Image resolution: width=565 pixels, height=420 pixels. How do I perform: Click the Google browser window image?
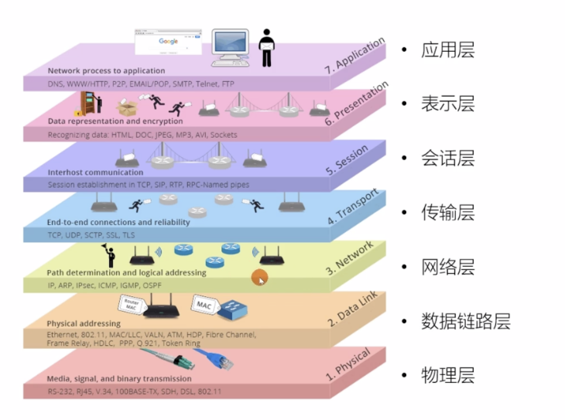coord(168,42)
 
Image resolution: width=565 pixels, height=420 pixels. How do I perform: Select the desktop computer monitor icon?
coord(230,47)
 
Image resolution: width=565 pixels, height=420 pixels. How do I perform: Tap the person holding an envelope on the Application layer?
coord(267,48)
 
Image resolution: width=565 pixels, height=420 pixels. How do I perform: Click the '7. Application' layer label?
coord(355,55)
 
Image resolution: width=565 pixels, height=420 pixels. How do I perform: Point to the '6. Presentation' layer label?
coord(356,103)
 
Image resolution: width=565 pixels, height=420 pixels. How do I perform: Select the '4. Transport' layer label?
coord(353,207)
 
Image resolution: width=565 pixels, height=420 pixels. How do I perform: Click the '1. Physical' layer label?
coord(348,364)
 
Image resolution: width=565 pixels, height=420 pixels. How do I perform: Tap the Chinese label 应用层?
coord(448,50)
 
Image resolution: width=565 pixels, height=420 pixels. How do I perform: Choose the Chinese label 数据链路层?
coord(466,321)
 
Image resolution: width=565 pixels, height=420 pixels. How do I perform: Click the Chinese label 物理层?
coord(448,375)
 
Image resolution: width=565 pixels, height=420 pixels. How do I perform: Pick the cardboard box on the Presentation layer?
coord(126,108)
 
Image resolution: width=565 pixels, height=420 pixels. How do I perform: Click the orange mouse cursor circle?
coord(259,278)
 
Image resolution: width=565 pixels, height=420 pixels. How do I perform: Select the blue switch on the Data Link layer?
coord(235,310)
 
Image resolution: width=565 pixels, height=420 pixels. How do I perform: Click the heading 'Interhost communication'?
coord(95,172)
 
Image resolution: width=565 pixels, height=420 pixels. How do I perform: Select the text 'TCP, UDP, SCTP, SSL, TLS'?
coord(91,235)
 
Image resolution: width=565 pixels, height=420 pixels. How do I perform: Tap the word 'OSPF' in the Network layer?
coord(152,285)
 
